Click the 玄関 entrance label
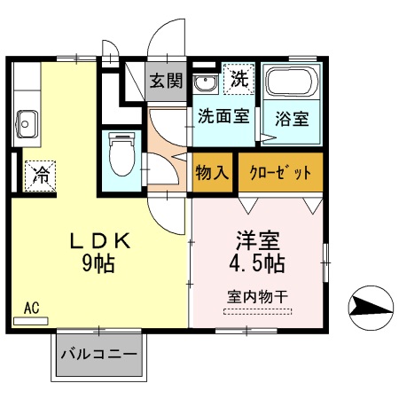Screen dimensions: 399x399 [165, 82]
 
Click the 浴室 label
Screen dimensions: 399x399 [290, 117]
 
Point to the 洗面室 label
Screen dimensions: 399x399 [223, 115]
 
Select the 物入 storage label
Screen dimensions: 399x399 [212, 171]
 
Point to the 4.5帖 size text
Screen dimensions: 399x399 [258, 263]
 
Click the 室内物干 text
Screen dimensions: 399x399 [258, 295]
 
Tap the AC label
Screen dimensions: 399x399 [31, 308]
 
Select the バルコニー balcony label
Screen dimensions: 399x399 [98, 355]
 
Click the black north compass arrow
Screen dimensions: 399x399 [368, 307]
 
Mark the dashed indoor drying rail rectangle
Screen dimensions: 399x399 [258, 311]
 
